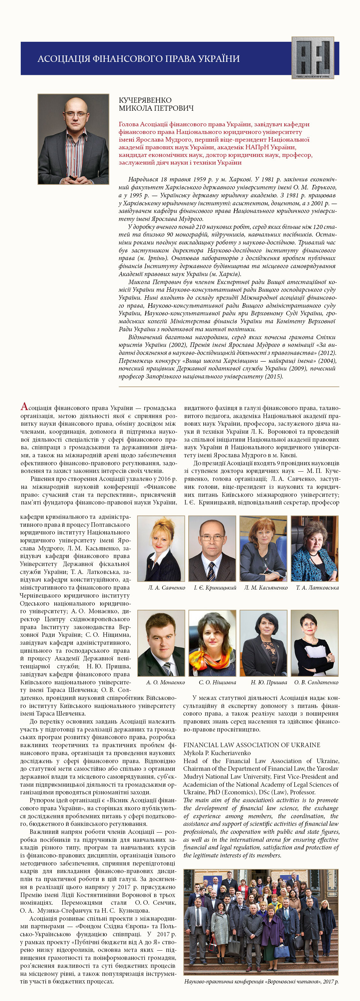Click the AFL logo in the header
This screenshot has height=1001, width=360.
(x=312, y=58)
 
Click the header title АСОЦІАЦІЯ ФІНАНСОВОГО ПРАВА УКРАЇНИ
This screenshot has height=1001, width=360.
(x=139, y=59)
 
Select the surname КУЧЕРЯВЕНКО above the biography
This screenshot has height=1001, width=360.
(x=145, y=100)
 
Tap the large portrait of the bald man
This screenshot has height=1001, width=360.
(x=73, y=139)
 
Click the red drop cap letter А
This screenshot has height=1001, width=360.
(x=24, y=407)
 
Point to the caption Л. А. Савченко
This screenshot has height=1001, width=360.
(x=166, y=587)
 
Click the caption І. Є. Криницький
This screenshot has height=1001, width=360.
(x=215, y=587)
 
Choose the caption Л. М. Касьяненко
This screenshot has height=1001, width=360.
(x=266, y=587)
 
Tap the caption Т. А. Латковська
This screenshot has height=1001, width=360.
(x=317, y=587)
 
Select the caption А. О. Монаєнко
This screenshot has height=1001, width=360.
(x=166, y=682)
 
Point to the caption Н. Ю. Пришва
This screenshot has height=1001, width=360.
(x=269, y=682)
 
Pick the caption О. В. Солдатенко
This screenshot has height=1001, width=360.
(x=316, y=682)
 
